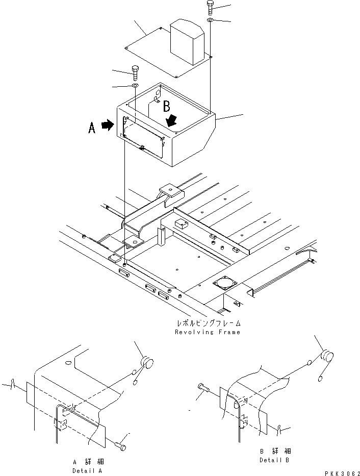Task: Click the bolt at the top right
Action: tap(210, 7)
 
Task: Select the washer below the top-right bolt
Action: tap(210, 20)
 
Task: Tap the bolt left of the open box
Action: tap(135, 72)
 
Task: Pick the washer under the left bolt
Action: tap(135, 86)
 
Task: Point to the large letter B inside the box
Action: tap(167, 106)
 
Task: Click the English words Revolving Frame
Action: tap(208, 332)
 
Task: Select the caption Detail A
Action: tap(87, 471)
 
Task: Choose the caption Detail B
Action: tap(274, 460)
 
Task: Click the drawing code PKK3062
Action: tap(342, 473)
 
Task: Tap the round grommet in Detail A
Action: tap(146, 362)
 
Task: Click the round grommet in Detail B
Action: tap(327, 355)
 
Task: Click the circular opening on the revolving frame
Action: tap(224, 283)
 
